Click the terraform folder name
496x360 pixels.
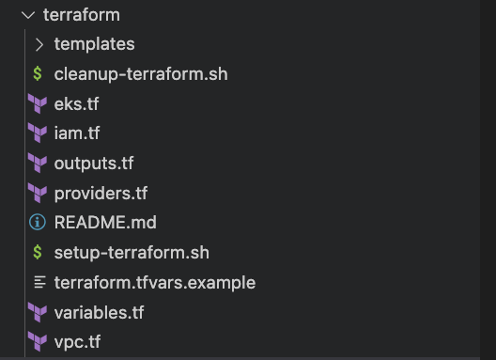pyautogui.click(x=82, y=16)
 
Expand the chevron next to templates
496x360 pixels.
pyautogui.click(x=39, y=44)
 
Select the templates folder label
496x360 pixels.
pyautogui.click(x=94, y=44)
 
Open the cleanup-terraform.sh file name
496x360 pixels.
pyautogui.click(x=141, y=73)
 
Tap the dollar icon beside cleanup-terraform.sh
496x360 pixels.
pyautogui.click(x=38, y=73)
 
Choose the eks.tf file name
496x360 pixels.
pyautogui.click(x=76, y=103)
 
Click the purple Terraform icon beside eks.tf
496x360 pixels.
pyautogui.click(x=38, y=103)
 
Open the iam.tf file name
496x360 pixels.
pyautogui.click(x=78, y=133)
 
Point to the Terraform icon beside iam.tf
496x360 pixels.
pyautogui.click(x=38, y=133)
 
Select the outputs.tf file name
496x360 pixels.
pyautogui.click(x=94, y=163)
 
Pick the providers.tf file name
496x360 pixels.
pyautogui.click(x=101, y=193)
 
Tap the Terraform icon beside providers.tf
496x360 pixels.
pyautogui.click(x=38, y=193)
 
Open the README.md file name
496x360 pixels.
pyautogui.click(x=105, y=223)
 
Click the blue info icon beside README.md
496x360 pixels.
pyautogui.click(x=38, y=223)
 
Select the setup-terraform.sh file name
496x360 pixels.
pyautogui.click(x=132, y=252)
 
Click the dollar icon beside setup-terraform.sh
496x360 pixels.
pyautogui.click(x=38, y=252)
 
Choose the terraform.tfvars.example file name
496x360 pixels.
pyautogui.click(x=155, y=282)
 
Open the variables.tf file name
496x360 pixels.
pyautogui.click(x=99, y=311)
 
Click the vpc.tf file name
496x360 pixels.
pyautogui.click(x=78, y=341)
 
